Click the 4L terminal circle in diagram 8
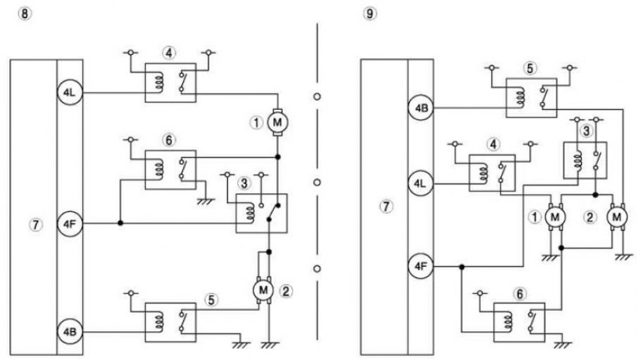[70, 92]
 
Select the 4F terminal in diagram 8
[70, 224]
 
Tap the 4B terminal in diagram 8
[70, 331]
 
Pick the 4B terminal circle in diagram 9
[421, 108]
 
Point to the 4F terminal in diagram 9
[421, 267]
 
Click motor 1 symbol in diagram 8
[277, 122]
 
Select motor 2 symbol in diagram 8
[264, 290]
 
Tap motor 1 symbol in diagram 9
[555, 217]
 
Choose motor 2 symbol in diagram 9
[617, 217]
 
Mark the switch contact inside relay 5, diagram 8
[183, 321]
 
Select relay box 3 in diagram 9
[585, 160]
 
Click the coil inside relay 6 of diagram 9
[509, 321]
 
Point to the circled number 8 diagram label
[25, 14]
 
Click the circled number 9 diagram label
[370, 14]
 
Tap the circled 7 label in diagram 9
[386, 207]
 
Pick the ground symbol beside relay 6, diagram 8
[205, 201]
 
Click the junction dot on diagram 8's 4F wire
[120, 223]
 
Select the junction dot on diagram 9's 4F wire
[462, 267]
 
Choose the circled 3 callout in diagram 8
[244, 183]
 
